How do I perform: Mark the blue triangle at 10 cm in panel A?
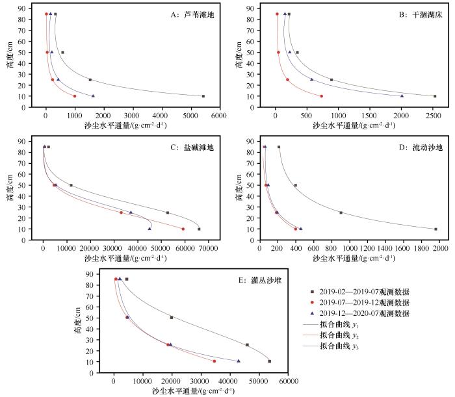(93, 96)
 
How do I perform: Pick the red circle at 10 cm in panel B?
(321, 96)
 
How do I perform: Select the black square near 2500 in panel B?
(435, 96)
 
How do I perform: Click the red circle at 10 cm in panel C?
(183, 229)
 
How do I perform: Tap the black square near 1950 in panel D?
(435, 229)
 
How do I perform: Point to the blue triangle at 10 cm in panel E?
(239, 361)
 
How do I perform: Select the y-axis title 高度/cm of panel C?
(11, 188)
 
